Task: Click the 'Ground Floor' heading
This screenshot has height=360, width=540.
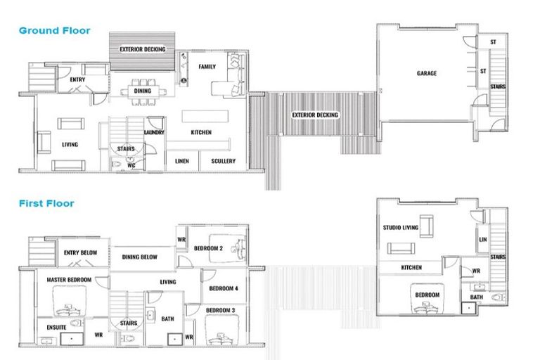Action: click(x=54, y=30)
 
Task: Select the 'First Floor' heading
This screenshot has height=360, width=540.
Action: click(x=46, y=203)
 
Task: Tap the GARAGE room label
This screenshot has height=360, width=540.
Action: click(x=427, y=73)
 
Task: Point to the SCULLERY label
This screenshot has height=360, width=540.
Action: click(x=223, y=162)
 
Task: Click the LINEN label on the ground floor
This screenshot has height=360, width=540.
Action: click(x=181, y=162)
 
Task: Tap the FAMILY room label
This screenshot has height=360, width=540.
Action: click(x=207, y=67)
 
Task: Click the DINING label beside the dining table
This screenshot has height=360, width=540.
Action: click(x=143, y=91)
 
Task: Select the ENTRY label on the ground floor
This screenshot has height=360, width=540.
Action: click(x=77, y=80)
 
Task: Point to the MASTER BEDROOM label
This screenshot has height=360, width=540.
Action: click(x=70, y=280)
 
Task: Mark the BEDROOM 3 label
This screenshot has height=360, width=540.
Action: click(x=220, y=310)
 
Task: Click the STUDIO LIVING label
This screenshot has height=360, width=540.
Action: click(x=401, y=228)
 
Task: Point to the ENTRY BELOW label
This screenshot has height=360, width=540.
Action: click(x=80, y=252)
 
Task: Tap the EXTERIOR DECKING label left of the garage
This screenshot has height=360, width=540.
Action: click(x=316, y=115)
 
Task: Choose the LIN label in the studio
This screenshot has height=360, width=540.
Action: click(x=482, y=240)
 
